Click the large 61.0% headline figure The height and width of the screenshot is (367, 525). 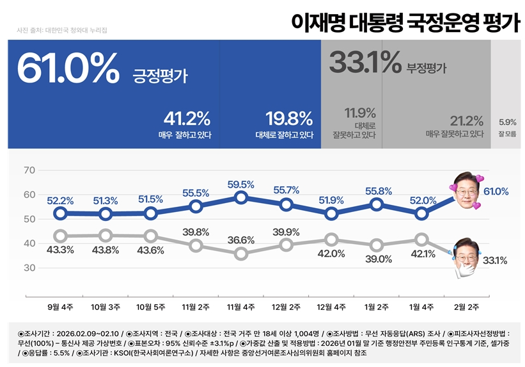pyautogui.click(x=68, y=67)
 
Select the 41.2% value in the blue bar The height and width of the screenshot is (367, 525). pyautogui.click(x=187, y=118)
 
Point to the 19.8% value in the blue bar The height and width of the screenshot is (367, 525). pyautogui.click(x=289, y=118)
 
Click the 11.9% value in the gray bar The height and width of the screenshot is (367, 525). pyautogui.click(x=360, y=113)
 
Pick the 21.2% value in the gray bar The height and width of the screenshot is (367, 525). pyautogui.click(x=462, y=120)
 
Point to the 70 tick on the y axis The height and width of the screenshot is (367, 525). pyautogui.click(x=29, y=170)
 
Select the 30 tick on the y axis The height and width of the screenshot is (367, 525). pyautogui.click(x=29, y=268)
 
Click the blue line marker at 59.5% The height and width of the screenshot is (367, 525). pyautogui.click(x=240, y=197)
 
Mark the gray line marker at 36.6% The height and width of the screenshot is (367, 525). pyautogui.click(x=240, y=254)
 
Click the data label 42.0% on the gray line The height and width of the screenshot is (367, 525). pyautogui.click(x=331, y=254)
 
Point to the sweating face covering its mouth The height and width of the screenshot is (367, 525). pyautogui.click(x=467, y=259)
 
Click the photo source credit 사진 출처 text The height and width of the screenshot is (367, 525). pyautogui.click(x=62, y=30)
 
